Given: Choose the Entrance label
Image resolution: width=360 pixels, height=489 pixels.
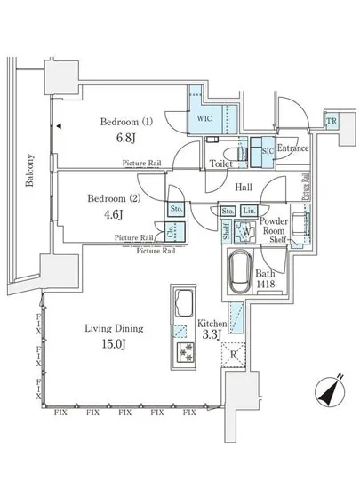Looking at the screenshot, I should pos(292,148).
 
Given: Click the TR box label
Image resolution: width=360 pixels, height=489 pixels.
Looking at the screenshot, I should pos(331,122).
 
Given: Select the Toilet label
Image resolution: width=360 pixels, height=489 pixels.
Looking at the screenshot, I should pos(220,164).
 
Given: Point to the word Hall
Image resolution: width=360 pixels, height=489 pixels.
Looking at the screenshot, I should pos(245,188).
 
